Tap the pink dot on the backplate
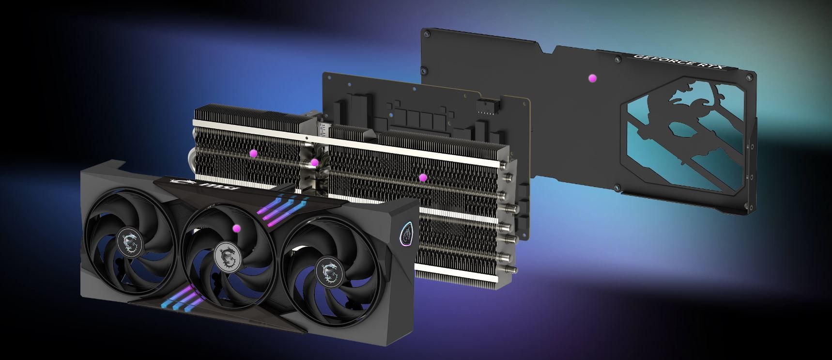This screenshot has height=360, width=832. click(592, 78)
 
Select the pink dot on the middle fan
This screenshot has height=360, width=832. click(237, 228)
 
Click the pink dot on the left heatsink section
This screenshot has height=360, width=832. click(253, 153)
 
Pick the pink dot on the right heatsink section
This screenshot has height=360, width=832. click(423, 178)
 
